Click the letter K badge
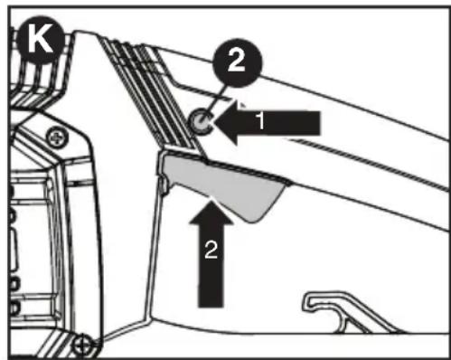(41, 41)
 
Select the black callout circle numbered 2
(238, 62)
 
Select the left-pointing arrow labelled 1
(267, 122)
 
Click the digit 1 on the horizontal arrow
(260, 121)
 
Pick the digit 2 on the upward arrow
(211, 250)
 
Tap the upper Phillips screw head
(57, 137)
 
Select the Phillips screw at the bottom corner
(83, 344)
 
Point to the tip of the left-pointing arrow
(214, 122)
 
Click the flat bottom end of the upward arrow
(211, 308)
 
